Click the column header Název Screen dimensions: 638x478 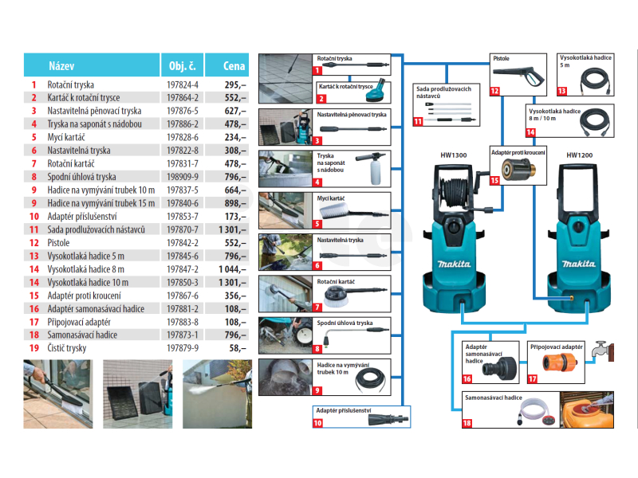(61, 66)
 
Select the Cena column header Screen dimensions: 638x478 (234, 66)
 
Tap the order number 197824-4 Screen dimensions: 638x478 (183, 85)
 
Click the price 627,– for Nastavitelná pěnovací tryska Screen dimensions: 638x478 (235, 111)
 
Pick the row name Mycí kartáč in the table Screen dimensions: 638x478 (66, 137)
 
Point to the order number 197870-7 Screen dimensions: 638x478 (183, 229)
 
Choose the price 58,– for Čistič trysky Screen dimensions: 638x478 (238, 348)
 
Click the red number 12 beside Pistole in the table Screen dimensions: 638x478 (34, 243)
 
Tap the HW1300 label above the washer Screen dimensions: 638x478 (454, 155)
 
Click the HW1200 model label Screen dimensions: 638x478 (580, 155)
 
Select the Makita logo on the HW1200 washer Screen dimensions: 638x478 (579, 264)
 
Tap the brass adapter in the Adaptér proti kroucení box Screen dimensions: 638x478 (518, 169)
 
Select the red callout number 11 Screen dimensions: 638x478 (418, 122)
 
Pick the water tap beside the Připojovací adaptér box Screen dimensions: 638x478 (602, 351)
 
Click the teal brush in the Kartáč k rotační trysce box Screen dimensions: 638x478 (377, 92)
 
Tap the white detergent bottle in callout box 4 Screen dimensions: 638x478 (376, 171)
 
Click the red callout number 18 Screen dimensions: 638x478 (467, 423)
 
